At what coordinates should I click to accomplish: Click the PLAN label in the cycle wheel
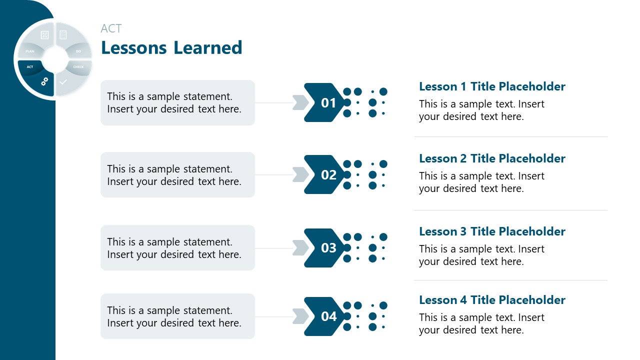pos(30,51)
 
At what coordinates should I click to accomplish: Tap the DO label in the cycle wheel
pos(78,51)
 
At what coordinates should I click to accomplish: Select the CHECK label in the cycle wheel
pos(78,67)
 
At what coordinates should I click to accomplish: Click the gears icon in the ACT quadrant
pos(44,80)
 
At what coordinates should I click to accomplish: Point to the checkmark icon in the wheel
pos(63,81)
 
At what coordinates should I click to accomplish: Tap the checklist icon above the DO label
pos(63,35)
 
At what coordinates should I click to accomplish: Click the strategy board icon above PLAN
pos(44,35)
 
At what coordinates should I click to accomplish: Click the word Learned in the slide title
pos(208,48)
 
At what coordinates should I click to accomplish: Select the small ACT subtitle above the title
pos(111,28)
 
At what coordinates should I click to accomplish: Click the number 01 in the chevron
pos(328,103)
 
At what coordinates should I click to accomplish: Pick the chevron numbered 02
pos(325,175)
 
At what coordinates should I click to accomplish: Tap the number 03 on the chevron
pos(328,248)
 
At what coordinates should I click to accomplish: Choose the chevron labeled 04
pos(325,316)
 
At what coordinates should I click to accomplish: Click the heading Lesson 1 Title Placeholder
pos(492,86)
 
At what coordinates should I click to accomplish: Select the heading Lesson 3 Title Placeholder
pos(492,231)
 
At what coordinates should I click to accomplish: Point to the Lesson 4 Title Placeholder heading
pos(492,300)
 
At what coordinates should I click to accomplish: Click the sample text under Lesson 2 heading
pos(481,182)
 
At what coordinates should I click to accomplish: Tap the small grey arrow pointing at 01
pos(300,102)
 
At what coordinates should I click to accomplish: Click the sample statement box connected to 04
pos(177,316)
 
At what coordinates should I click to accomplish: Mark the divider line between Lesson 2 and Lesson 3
pos(510,210)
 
